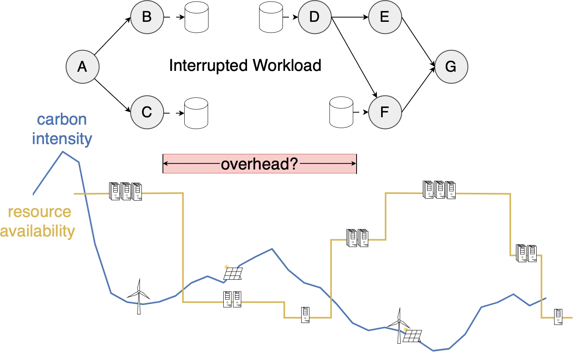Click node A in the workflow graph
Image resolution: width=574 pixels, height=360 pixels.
[83, 67]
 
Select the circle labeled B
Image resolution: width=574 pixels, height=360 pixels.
[147, 17]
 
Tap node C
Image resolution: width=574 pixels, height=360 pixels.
[147, 112]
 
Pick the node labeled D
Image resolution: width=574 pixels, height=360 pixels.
[314, 17]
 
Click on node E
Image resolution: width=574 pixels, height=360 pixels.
[385, 17]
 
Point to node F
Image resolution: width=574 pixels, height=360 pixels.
[385, 112]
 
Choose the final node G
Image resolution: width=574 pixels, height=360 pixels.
[451, 67]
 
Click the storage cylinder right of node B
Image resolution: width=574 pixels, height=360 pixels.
[196, 18]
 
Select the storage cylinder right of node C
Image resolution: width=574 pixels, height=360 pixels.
[196, 113]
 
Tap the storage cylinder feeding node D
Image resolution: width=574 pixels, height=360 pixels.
[271, 18]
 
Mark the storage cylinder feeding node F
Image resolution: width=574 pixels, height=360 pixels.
[341, 113]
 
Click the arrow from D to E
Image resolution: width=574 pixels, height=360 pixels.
[350, 17]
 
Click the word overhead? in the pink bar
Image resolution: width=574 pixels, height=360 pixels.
[259, 164]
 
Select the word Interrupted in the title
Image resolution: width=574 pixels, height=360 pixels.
[208, 65]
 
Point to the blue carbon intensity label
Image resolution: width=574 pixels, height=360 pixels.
[62, 129]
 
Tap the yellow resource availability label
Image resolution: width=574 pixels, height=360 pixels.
[38, 221]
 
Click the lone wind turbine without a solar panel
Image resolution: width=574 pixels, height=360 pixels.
[139, 296]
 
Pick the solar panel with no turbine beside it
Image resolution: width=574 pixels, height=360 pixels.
[233, 273]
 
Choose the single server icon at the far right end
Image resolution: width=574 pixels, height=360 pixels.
[558, 316]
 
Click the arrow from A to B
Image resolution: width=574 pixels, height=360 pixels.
[112, 36]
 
